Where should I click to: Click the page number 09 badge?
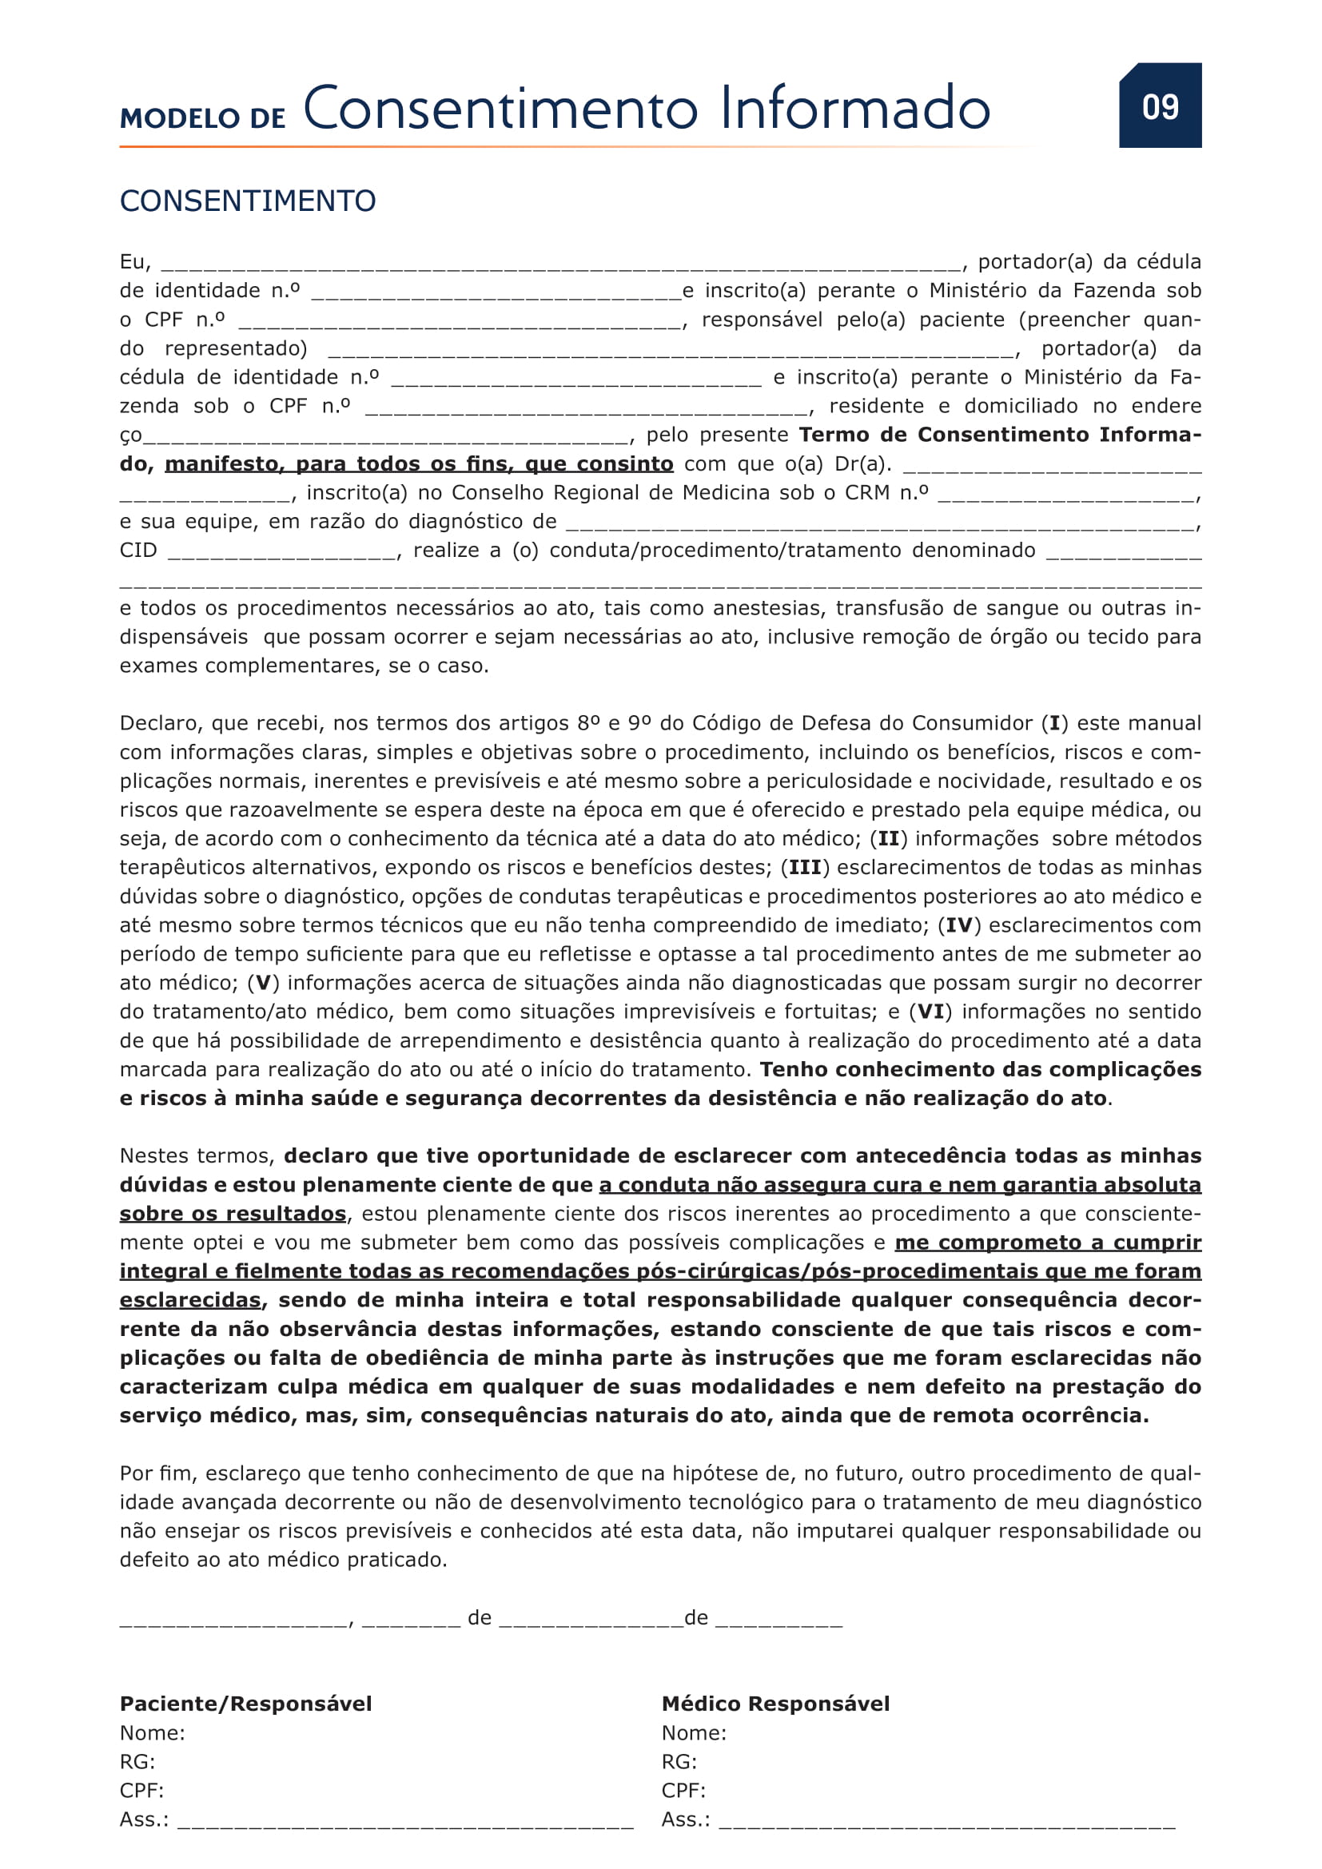[1160, 105]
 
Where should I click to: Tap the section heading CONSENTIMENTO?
[248, 201]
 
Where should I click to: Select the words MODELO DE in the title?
[203, 118]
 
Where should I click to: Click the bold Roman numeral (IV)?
[959, 925]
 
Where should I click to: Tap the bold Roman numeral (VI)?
[930, 1012]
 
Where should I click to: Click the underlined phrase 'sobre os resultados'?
[233, 1214]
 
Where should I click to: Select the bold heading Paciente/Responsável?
[246, 1704]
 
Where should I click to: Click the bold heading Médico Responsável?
[776, 1704]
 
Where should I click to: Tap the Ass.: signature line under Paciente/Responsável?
[405, 1822]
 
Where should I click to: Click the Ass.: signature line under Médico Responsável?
[946, 1822]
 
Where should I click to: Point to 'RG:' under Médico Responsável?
[679, 1762]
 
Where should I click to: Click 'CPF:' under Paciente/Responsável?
[141, 1791]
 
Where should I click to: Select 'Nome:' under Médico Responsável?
[694, 1733]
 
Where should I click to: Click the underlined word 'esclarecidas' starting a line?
[190, 1300]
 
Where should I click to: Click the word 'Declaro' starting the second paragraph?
[161, 724]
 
